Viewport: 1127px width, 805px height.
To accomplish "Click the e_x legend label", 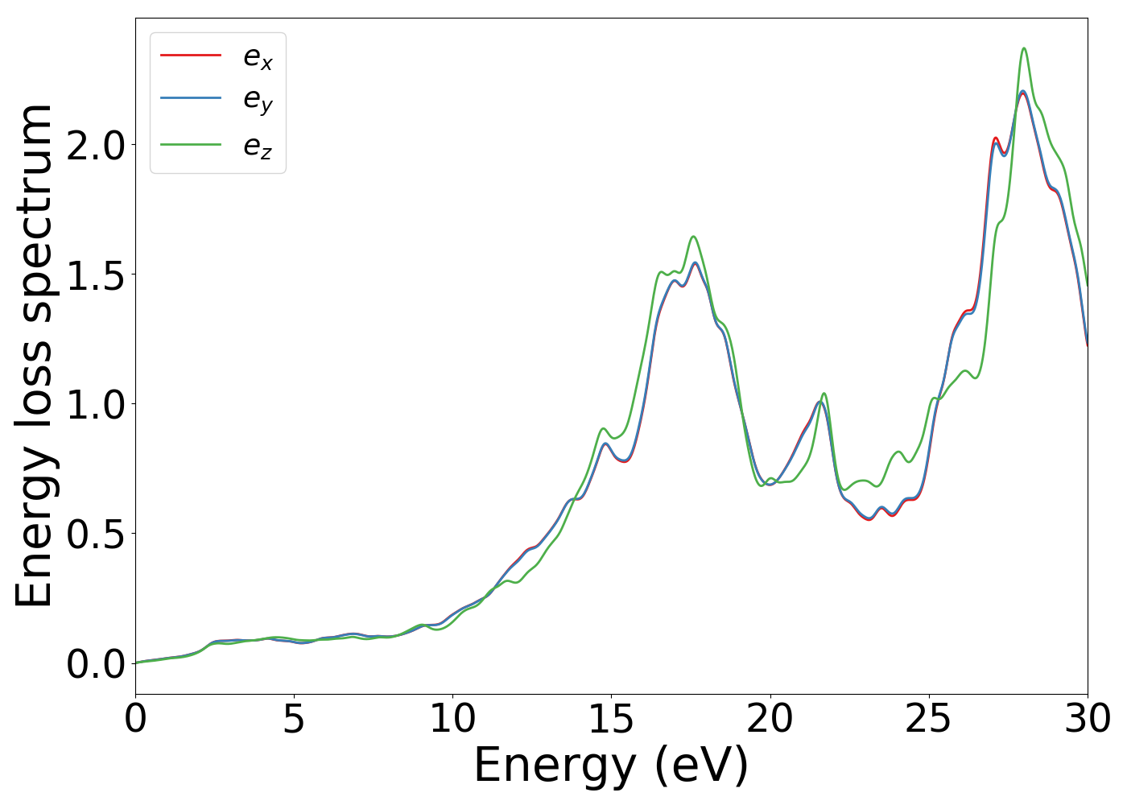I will tap(258, 57).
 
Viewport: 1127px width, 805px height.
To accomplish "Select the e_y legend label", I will tap(258, 101).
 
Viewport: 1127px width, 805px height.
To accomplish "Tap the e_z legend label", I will tap(258, 146).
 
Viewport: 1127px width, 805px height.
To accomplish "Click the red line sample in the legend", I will tap(191, 55).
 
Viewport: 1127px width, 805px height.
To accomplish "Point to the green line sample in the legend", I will tap(191, 145).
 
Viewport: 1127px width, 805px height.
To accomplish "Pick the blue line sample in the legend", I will tap(191, 98).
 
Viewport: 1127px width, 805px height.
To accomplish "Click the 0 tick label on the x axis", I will tap(135, 718).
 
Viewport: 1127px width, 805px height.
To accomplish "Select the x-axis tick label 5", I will tap(294, 718).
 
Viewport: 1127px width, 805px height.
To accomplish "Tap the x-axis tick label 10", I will tap(452, 718).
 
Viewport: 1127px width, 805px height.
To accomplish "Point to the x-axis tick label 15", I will tap(611, 718).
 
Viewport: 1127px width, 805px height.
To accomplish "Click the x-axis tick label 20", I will tap(770, 718).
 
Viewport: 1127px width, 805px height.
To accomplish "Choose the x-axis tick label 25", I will tap(929, 718).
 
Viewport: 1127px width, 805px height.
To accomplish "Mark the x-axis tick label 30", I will tap(1088, 718).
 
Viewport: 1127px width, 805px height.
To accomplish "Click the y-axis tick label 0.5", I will tap(96, 534).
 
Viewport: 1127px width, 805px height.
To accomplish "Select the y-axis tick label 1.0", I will tap(96, 404).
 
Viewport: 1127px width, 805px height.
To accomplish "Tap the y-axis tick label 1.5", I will tap(96, 275).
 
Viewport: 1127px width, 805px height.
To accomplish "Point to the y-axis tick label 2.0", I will tap(96, 145).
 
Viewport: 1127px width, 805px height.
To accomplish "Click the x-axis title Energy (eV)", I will tap(611, 765).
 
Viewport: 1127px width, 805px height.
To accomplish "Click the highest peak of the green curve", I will tap(1024, 48).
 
